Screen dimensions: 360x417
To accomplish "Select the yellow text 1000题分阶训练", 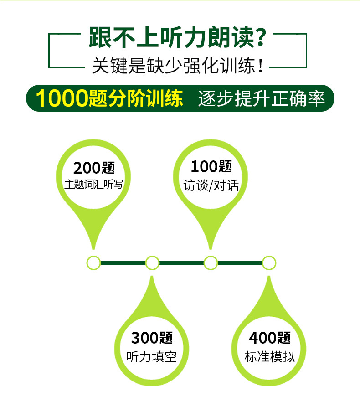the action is click(x=109, y=98).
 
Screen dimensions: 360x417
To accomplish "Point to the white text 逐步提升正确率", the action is click(x=262, y=98).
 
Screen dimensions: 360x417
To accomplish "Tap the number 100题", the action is click(x=211, y=167).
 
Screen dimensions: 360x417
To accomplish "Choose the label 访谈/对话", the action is click(x=211, y=185).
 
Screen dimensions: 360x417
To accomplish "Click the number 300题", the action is click(x=152, y=338).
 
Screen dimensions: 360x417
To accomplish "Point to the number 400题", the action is click(x=269, y=338).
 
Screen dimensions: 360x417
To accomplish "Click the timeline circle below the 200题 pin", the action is click(x=93, y=263).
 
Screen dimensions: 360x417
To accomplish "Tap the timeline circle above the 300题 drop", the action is click(x=152, y=263).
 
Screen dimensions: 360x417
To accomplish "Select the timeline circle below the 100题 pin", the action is click(x=211, y=263).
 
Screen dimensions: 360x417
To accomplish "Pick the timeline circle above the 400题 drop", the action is click(x=269, y=263).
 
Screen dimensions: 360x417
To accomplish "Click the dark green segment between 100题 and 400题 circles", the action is click(x=240, y=263).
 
